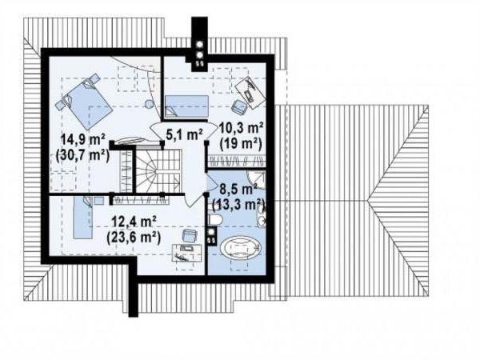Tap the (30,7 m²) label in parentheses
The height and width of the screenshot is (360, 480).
click(x=82, y=155)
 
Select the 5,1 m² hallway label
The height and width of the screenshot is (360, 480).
click(x=184, y=134)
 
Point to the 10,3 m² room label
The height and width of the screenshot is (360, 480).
click(x=242, y=129)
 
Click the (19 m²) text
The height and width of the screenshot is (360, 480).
click(x=242, y=143)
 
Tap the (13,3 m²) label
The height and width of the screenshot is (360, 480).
click(x=238, y=204)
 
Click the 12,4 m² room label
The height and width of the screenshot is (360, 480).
click(x=134, y=222)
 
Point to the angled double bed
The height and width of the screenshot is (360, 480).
click(x=85, y=100)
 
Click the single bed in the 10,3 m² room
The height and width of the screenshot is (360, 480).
click(x=186, y=106)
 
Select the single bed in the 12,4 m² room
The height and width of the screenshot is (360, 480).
click(x=82, y=218)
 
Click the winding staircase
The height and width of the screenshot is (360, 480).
click(x=158, y=170)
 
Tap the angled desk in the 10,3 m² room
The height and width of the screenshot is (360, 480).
click(x=250, y=92)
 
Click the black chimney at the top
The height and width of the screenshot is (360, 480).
click(x=199, y=44)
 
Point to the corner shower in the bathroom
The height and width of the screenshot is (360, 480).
click(x=257, y=180)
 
